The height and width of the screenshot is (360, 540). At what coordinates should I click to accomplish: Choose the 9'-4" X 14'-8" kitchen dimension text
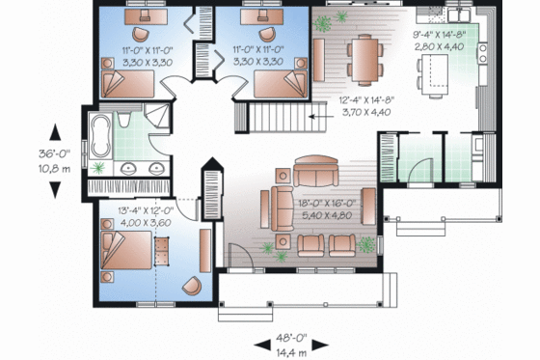(440, 33)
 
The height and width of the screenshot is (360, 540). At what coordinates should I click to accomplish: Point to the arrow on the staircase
(313, 116)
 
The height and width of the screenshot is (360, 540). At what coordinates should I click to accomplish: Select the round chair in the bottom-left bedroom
(192, 286)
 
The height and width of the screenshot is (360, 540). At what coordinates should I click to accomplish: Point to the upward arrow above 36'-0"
(56, 132)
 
